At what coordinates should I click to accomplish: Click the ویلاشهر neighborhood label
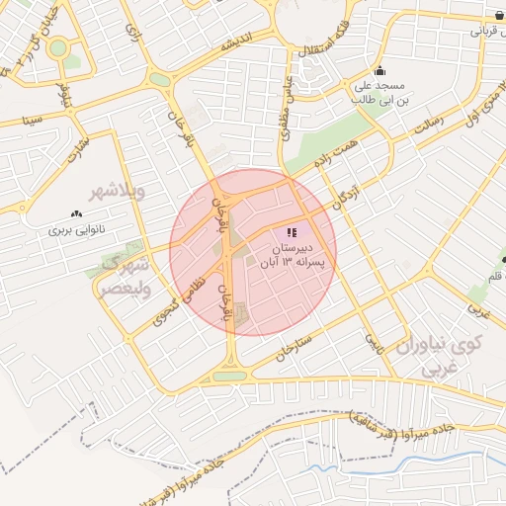(118, 191)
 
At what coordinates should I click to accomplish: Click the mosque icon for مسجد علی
(380, 71)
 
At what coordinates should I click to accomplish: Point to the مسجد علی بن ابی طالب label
(380, 93)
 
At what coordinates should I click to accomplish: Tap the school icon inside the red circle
(291, 230)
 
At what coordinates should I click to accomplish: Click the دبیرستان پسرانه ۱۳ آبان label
(295, 254)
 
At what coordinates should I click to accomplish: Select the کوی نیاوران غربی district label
(438, 357)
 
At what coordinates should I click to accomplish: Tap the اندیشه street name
(240, 45)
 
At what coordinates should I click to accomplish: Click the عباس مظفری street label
(288, 97)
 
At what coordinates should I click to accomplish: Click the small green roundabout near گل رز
(58, 46)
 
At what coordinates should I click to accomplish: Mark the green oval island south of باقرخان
(228, 376)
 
